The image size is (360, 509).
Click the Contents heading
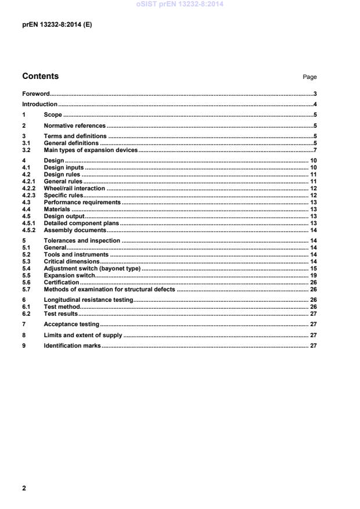(40, 76)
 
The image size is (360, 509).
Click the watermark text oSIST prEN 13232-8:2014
(179, 4)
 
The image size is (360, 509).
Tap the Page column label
(309, 77)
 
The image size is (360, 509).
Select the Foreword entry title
(35, 93)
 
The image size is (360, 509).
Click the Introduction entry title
(39, 104)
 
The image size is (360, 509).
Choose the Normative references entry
(74, 125)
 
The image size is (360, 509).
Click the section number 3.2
(26, 150)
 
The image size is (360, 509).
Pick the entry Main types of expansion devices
(91, 150)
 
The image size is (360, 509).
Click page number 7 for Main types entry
(314, 150)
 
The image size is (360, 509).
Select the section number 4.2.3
(28, 196)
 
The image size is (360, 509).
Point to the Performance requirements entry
(82, 203)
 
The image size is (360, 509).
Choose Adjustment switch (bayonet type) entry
(92, 269)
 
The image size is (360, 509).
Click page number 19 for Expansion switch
(312, 276)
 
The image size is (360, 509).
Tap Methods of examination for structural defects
(109, 289)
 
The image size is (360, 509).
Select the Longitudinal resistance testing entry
(88, 299)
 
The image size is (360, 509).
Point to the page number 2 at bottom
(24, 488)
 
